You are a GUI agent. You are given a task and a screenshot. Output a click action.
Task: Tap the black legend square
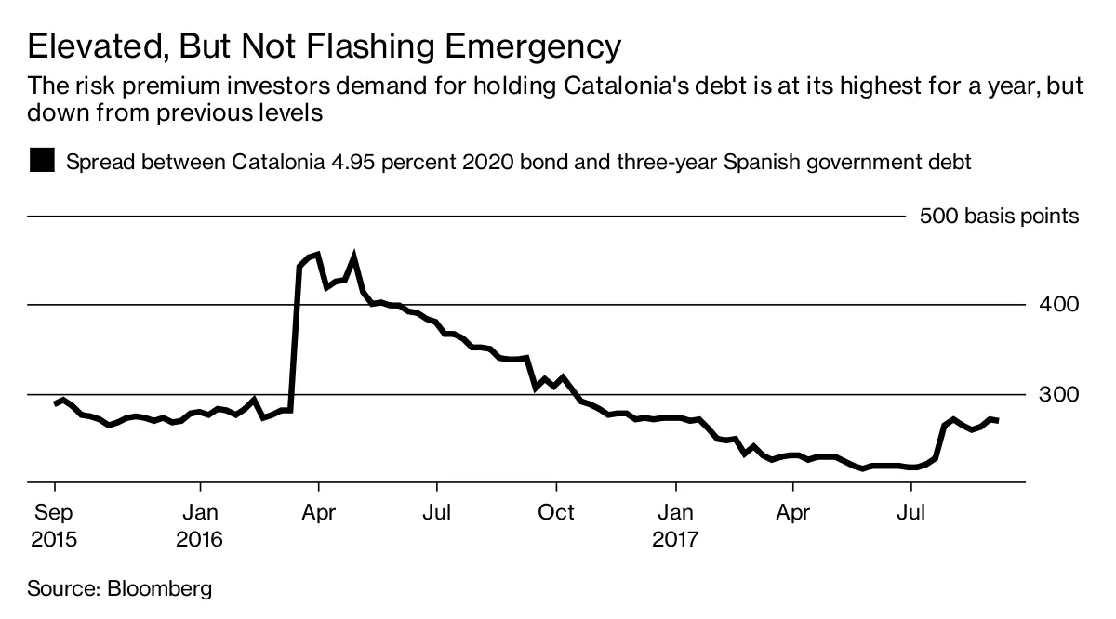42,161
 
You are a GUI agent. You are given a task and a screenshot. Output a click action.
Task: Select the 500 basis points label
999,217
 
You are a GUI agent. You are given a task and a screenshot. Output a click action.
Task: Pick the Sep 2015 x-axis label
54,525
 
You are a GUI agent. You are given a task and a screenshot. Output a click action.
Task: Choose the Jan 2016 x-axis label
200,525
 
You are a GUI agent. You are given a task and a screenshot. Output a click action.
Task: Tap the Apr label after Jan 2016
319,512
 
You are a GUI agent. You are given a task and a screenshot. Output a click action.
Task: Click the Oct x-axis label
556,512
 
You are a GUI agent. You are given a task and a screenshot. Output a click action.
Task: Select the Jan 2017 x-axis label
676,525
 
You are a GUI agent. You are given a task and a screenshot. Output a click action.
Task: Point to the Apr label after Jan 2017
793,512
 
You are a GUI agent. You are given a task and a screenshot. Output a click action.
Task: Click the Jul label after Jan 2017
913,512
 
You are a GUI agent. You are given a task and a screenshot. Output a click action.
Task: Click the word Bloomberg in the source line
160,588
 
